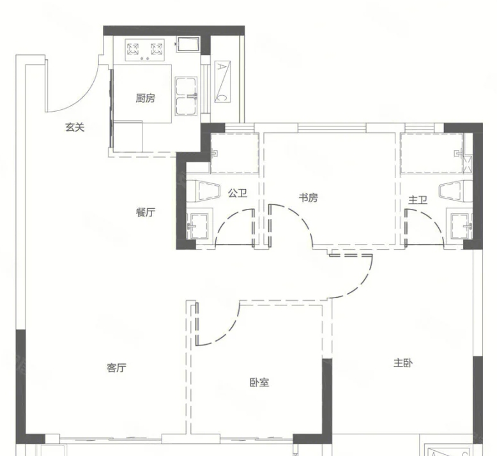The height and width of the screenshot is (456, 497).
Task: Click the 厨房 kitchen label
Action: [146, 98]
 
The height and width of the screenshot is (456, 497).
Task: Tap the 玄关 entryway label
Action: [75, 127]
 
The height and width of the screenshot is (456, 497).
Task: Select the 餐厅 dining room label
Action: [146, 212]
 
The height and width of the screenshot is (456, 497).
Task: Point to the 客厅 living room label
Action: [117, 368]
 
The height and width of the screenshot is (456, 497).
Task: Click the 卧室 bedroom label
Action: [259, 383]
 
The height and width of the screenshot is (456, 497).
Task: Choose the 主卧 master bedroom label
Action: [403, 363]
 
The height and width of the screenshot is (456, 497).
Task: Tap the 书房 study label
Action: [308, 198]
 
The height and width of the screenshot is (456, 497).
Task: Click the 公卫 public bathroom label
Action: [238, 193]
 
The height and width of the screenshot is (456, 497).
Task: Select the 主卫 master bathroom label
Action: [418, 200]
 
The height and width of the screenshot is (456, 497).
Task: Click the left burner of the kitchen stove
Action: [133, 49]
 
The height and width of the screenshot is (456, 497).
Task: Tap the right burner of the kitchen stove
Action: [157, 49]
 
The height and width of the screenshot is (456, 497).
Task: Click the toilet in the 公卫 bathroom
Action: [203, 191]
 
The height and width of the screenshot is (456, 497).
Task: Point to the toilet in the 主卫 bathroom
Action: [455, 191]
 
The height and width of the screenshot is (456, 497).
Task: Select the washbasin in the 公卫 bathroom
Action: [199, 225]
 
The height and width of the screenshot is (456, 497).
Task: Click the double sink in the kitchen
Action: [186, 96]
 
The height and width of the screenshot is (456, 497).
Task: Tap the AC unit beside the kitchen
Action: [222, 82]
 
